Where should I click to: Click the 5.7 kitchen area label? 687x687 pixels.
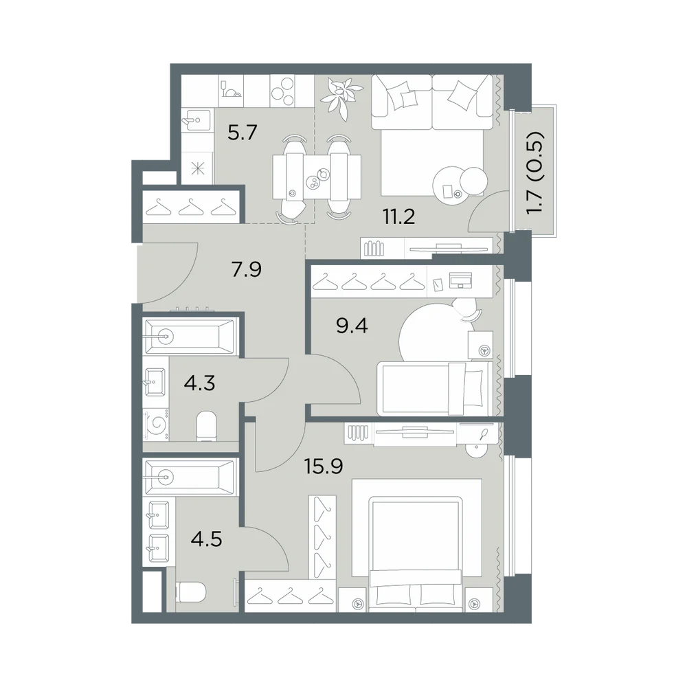pyautogui.click(x=242, y=133)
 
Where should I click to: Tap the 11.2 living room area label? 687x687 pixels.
pyautogui.click(x=398, y=216)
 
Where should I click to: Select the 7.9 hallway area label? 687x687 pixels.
pyautogui.click(x=247, y=269)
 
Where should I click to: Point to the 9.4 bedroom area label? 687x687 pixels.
pyautogui.click(x=352, y=326)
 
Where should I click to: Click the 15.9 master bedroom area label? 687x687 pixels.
pyautogui.click(x=324, y=466)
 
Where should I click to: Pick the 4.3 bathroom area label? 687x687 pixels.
pyautogui.click(x=199, y=384)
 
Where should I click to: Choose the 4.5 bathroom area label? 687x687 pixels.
pyautogui.click(x=206, y=539)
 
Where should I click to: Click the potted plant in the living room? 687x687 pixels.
pyautogui.click(x=341, y=96)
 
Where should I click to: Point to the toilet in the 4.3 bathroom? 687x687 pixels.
pyautogui.click(x=206, y=426)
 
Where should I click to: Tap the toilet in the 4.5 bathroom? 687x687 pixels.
pyautogui.click(x=190, y=594)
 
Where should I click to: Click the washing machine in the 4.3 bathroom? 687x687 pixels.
pyautogui.click(x=156, y=425)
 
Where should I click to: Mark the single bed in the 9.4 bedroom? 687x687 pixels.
pyautogui.click(x=435, y=388)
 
